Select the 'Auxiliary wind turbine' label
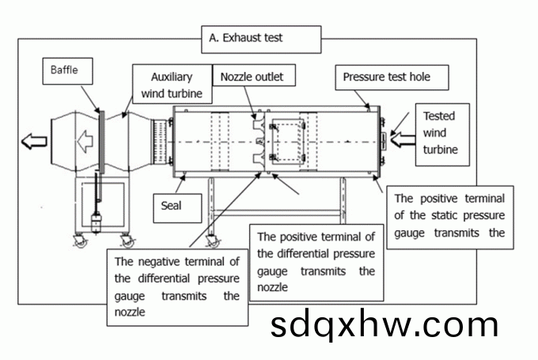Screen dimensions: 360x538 click(172, 86)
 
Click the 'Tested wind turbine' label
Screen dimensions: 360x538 click(440, 132)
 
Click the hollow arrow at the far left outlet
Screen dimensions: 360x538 click(34, 142)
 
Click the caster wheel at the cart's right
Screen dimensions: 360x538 click(127, 240)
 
